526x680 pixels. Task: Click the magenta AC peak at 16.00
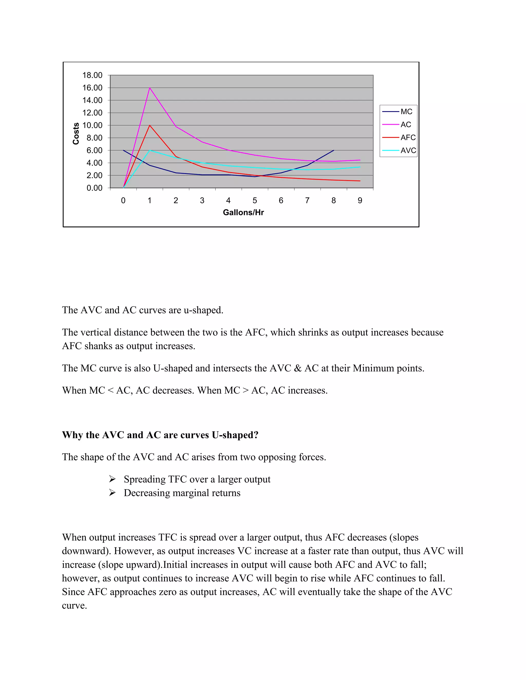pyautogui.click(x=149, y=88)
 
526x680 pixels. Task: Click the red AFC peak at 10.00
pyautogui.click(x=149, y=125)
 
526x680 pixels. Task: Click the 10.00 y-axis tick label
pyautogui.click(x=92, y=125)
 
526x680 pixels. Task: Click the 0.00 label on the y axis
pyautogui.click(x=95, y=188)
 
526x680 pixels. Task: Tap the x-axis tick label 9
pyautogui.click(x=360, y=200)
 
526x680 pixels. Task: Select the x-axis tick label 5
pyautogui.click(x=255, y=200)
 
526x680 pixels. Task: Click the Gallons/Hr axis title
pyautogui.click(x=243, y=213)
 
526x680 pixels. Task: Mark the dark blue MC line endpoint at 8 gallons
pyautogui.click(x=334, y=150)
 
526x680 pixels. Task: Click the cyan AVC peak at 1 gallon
pyautogui.click(x=150, y=150)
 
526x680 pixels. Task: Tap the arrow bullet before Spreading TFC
pyautogui.click(x=112, y=479)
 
